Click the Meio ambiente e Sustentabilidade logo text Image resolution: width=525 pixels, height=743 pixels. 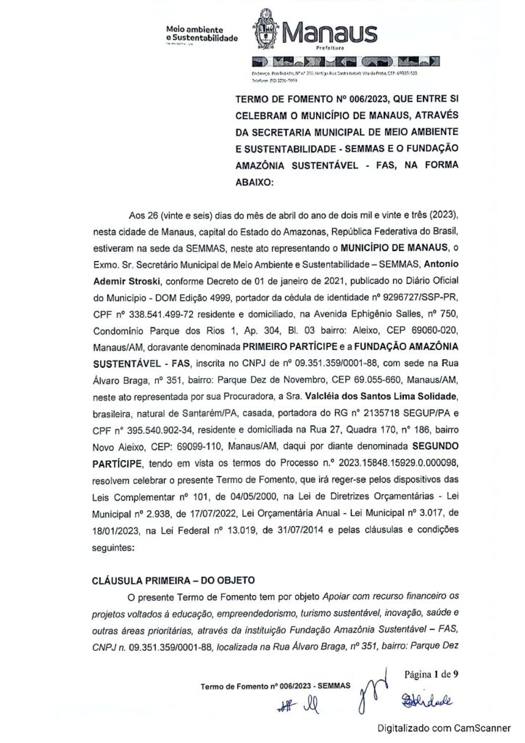point(202,33)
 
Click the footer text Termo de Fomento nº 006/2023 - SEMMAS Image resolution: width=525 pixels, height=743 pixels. point(275,686)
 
